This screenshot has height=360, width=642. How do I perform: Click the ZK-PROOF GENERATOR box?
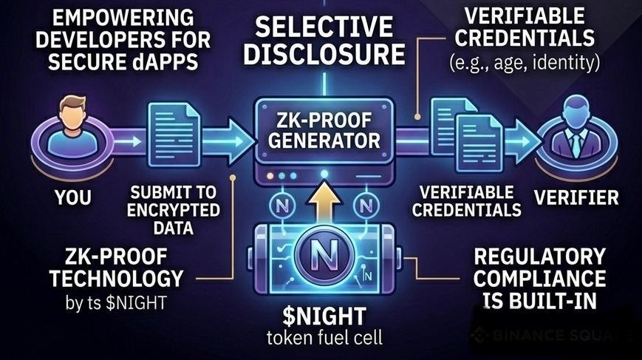click(321, 130)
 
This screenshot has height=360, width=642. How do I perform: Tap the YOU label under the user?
click(73, 197)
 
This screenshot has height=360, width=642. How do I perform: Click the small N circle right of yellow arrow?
click(363, 204)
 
